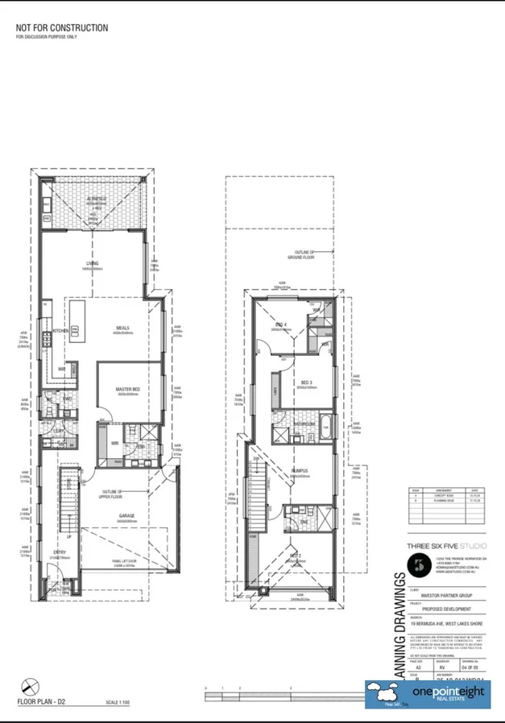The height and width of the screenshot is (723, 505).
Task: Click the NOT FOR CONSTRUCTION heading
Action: tap(61, 28)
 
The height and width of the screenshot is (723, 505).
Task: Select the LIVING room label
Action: tap(93, 264)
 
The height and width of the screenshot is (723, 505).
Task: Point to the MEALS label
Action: tap(122, 328)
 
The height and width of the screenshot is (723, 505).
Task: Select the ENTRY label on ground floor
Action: tap(60, 552)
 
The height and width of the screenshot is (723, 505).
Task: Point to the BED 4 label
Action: tap(281, 324)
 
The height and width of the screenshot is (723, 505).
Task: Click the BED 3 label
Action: tap(305, 382)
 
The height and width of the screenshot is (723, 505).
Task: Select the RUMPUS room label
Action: tap(300, 472)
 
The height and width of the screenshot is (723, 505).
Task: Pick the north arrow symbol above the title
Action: tap(28, 686)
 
